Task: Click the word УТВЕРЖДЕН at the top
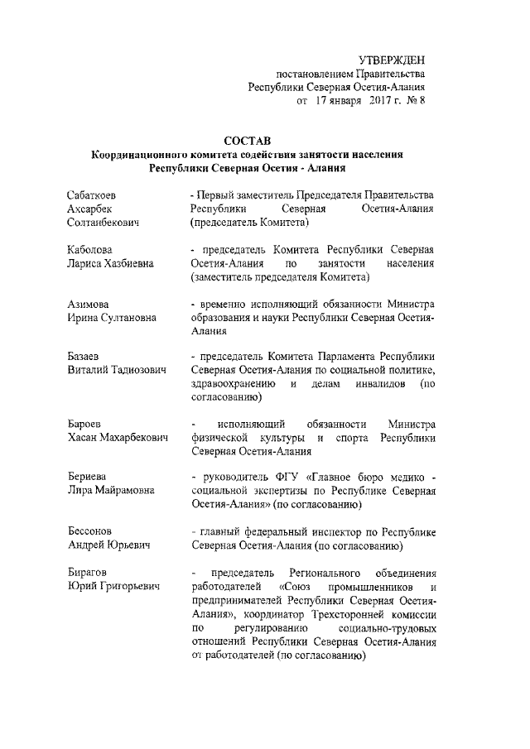[393, 61]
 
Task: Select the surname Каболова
[89, 249]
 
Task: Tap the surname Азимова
[88, 304]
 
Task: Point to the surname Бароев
[84, 424]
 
